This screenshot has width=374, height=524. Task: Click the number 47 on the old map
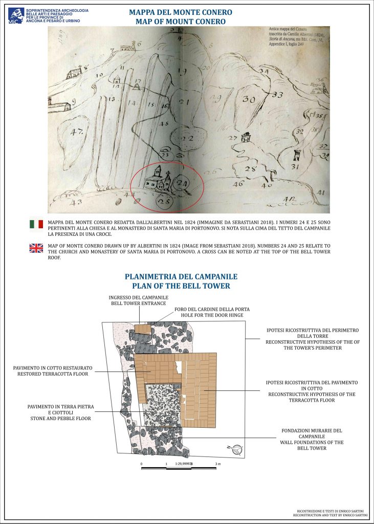point(77,132)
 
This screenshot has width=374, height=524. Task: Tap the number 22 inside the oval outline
point(188,139)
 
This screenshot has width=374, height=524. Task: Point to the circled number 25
point(164,201)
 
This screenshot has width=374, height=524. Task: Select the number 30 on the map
point(250,99)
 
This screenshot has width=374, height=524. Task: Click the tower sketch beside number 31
point(296,155)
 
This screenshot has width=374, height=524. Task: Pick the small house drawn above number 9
point(60,107)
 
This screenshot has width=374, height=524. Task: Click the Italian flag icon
point(36,224)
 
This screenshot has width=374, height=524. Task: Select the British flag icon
point(36,249)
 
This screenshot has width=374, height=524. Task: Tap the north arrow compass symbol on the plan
point(235,450)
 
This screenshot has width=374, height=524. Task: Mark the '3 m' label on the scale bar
point(218,464)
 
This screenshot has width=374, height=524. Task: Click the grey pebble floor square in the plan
point(162,404)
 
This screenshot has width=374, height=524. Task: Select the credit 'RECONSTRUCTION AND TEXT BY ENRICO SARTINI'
point(330,515)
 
